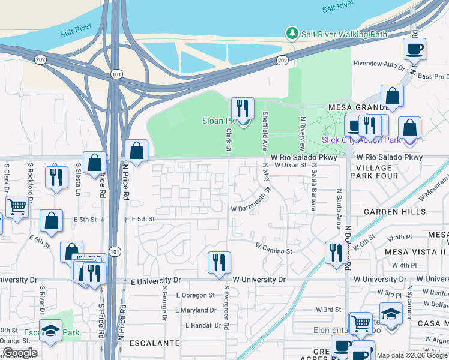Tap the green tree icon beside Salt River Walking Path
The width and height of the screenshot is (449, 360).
pyautogui.click(x=292, y=34)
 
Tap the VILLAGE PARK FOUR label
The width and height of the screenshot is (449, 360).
pyautogui.click(x=373, y=172)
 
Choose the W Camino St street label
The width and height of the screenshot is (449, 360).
pyautogui.click(x=273, y=246)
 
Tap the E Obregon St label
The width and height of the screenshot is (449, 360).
pyautogui.click(x=195, y=295)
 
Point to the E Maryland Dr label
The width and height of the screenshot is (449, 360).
pyautogui.click(x=196, y=310)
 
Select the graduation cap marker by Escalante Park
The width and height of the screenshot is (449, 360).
pyautogui.click(x=50, y=331)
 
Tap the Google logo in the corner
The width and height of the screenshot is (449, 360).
pyautogui.click(x=20, y=353)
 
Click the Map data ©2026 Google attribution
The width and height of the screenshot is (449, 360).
pyautogui.click(x=412, y=356)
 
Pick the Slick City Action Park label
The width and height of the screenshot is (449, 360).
pyautogui.click(x=361, y=140)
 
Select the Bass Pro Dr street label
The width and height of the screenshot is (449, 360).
pyautogui.click(x=433, y=77)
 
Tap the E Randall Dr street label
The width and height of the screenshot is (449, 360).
pyautogui.click(x=204, y=325)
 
